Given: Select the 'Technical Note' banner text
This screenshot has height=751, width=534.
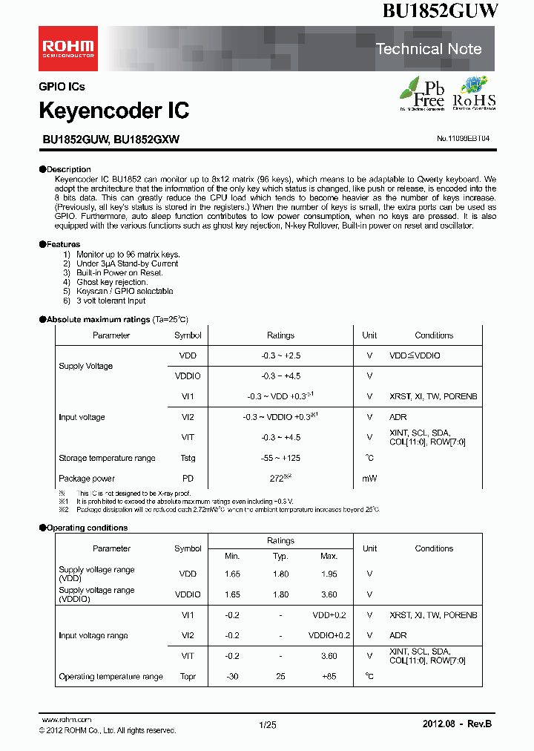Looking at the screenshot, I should pos(429,49).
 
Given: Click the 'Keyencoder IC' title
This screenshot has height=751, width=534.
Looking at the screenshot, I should pos(113,111).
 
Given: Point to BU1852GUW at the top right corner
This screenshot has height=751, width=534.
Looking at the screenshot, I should pos(441,11).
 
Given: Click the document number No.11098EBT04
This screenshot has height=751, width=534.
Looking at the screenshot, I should pos(463,139).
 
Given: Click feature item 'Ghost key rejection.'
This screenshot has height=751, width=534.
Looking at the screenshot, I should pos(112,282).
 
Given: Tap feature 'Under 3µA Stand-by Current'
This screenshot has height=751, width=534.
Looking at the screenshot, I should pos(127,263).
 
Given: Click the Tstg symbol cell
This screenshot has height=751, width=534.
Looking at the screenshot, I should pos(188,458).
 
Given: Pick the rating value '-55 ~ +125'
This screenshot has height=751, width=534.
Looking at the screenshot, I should pos(280,458).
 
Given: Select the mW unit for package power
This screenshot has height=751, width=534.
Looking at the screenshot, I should pos(369,479).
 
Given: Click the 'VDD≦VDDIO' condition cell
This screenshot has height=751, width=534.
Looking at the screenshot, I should pos(415,356).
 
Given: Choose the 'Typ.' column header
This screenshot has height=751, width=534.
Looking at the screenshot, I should pos(280,556).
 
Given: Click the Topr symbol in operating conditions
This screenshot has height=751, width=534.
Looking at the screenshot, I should pos(188,677).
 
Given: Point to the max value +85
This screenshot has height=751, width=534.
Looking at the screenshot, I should pos(329,677).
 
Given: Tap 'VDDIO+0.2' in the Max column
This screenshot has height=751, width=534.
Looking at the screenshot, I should pos(329,635).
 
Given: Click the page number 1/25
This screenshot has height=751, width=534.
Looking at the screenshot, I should pos(268,724).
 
